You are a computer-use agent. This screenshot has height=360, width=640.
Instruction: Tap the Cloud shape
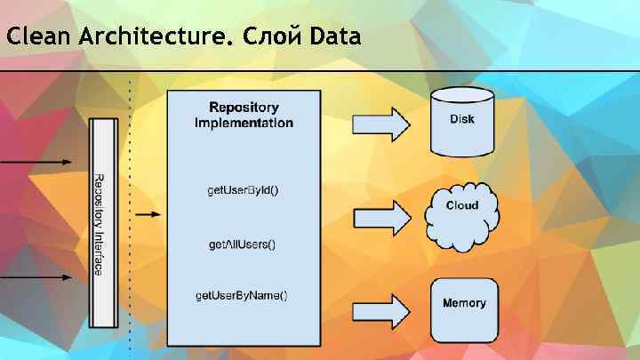pos(461,213)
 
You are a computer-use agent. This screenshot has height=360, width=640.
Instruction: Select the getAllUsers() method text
pos(243,244)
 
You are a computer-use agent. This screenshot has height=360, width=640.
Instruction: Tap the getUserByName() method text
pos(243,294)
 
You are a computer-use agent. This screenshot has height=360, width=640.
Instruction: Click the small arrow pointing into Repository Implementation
pos(148,214)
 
